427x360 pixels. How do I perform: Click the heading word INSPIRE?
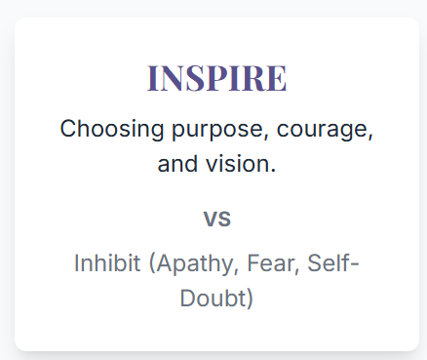coord(216,78)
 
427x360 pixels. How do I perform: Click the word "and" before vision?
coord(175,164)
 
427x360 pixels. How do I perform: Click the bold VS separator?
coord(216,219)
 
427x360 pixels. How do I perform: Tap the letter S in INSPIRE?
coord(199,78)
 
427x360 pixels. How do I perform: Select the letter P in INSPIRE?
coord(220,78)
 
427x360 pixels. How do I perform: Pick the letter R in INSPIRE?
coord(253,78)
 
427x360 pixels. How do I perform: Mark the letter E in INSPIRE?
coord(276,78)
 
